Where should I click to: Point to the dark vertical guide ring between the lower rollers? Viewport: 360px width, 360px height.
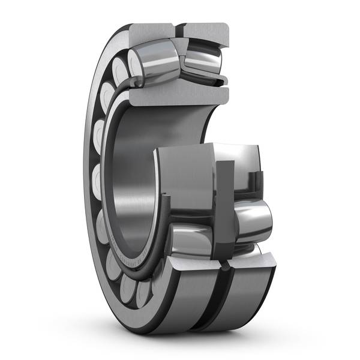point(224,198)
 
